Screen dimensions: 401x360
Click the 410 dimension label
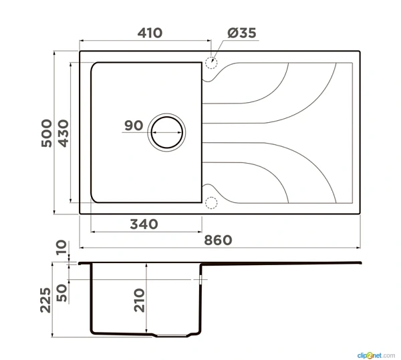coord(150,33)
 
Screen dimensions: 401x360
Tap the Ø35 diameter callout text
coord(242,33)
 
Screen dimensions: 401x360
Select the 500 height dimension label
coord(47,133)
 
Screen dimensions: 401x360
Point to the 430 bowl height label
coord(63,134)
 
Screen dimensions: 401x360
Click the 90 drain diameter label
coord(134,126)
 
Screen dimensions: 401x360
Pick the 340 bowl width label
coord(144,224)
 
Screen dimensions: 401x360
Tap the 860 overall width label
coord(218,240)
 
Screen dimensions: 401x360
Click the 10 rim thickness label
coord(61,247)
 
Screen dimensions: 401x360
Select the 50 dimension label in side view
coord(61,293)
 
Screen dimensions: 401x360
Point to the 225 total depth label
coord(45,300)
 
